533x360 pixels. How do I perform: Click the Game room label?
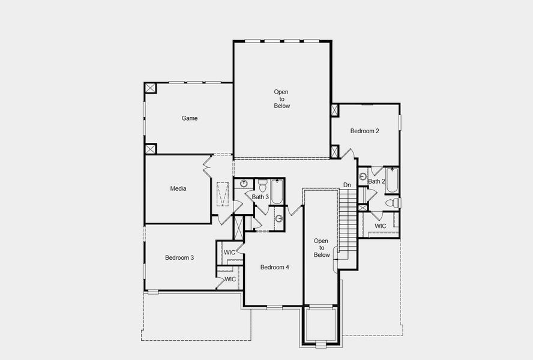click(x=190, y=118)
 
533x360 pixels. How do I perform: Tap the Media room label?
click(x=178, y=188)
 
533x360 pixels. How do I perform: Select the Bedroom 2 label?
click(x=365, y=130)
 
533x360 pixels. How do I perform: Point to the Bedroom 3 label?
click(x=179, y=257)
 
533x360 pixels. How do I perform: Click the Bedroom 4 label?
click(x=275, y=267)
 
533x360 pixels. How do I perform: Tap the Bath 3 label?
click(x=260, y=197)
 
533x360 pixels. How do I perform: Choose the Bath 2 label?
click(x=376, y=181)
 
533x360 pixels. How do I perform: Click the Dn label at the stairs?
click(x=347, y=185)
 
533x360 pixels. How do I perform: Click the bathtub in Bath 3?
click(x=277, y=191)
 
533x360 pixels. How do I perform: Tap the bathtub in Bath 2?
click(x=391, y=178)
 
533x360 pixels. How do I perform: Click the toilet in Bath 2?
click(x=391, y=203)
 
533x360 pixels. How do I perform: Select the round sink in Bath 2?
click(x=363, y=176)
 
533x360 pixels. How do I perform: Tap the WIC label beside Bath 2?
click(x=381, y=226)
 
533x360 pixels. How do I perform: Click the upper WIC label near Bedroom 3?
click(x=230, y=252)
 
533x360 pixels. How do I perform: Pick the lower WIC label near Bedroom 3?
click(x=230, y=279)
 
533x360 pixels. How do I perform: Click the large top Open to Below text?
click(x=282, y=99)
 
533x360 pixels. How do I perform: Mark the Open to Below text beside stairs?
click(x=322, y=247)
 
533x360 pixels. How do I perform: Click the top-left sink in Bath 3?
click(x=244, y=183)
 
